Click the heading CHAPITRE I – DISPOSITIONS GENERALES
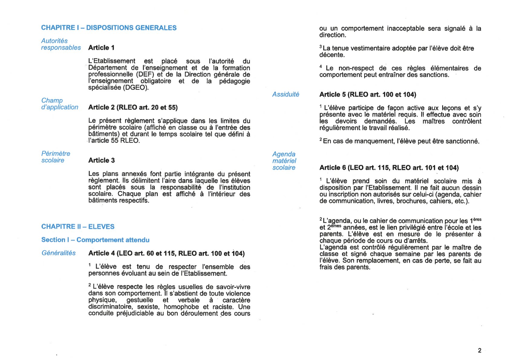109,28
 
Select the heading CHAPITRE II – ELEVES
78,227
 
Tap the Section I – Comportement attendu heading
95,240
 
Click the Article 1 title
101,48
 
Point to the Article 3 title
101,160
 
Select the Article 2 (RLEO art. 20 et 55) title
133,107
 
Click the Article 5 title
367,95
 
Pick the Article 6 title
389,168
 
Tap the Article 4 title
166,254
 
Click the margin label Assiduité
285,94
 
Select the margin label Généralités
59,253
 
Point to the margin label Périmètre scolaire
56,157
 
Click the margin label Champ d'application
60,104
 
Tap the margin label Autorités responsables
61,44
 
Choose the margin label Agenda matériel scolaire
284,161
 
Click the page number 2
479,351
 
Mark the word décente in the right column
331,55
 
